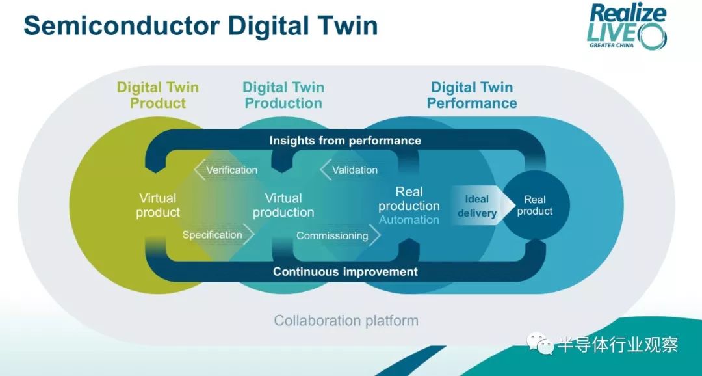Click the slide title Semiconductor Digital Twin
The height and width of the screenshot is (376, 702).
(x=201, y=25)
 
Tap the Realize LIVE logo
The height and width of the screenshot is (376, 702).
(x=627, y=26)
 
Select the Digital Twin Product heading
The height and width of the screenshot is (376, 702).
(x=157, y=94)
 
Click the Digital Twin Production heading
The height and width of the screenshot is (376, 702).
(x=283, y=94)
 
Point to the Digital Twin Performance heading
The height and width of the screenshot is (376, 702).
(x=472, y=94)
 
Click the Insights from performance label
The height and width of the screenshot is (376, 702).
(x=345, y=141)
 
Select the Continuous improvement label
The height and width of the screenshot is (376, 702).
(x=345, y=271)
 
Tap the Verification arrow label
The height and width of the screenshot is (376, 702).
(x=226, y=170)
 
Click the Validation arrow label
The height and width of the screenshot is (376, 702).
(x=349, y=170)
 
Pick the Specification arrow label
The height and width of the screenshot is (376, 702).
(x=218, y=235)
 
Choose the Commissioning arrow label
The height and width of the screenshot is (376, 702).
(x=339, y=235)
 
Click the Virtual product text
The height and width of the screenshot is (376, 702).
(x=157, y=205)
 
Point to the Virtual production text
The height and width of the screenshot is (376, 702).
(x=283, y=205)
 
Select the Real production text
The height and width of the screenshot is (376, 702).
(x=409, y=198)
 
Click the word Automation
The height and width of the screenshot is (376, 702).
(x=409, y=220)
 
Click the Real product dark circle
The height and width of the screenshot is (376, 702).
(x=535, y=206)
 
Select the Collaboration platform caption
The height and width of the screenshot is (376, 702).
(x=346, y=321)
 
